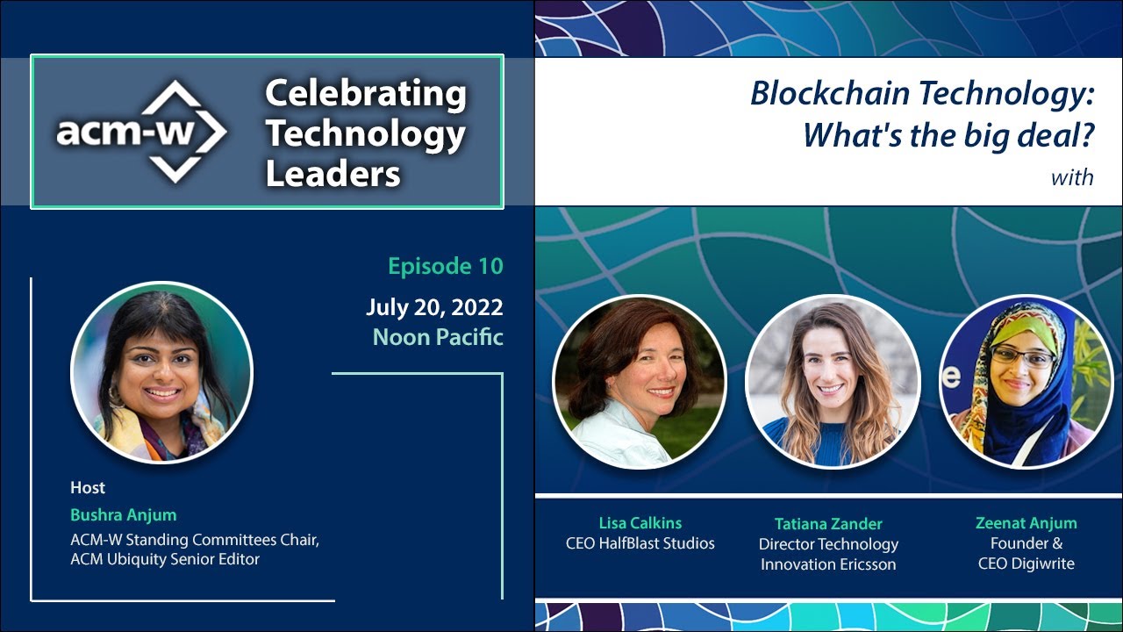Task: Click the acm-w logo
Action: click(x=141, y=132)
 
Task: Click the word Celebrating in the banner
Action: click(x=365, y=94)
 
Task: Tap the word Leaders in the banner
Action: click(x=333, y=174)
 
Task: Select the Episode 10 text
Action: click(x=446, y=266)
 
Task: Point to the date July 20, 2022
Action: click(x=434, y=307)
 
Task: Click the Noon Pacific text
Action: click(x=438, y=336)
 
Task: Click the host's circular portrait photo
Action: click(x=161, y=372)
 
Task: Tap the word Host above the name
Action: click(x=88, y=487)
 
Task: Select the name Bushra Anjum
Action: click(x=123, y=514)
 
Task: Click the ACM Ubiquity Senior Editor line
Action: click(x=165, y=559)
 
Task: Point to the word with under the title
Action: click(x=1072, y=177)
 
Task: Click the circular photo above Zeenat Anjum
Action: click(x=1025, y=380)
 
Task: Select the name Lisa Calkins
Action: click(x=640, y=522)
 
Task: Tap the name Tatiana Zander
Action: click(x=828, y=523)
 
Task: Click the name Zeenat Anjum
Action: click(x=1026, y=522)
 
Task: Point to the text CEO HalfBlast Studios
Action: click(x=640, y=544)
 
